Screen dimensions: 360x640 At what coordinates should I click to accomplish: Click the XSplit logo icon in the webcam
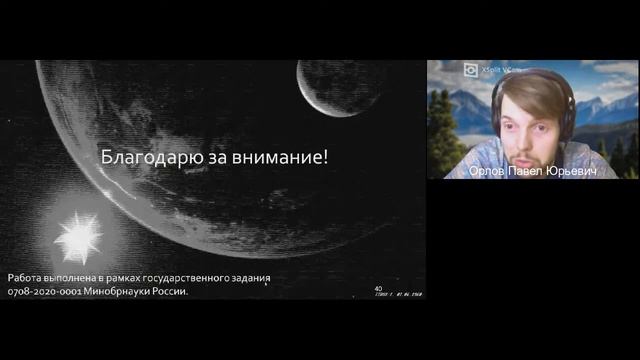point(469,69)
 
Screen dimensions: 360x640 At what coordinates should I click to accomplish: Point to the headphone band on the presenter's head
point(530,75)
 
